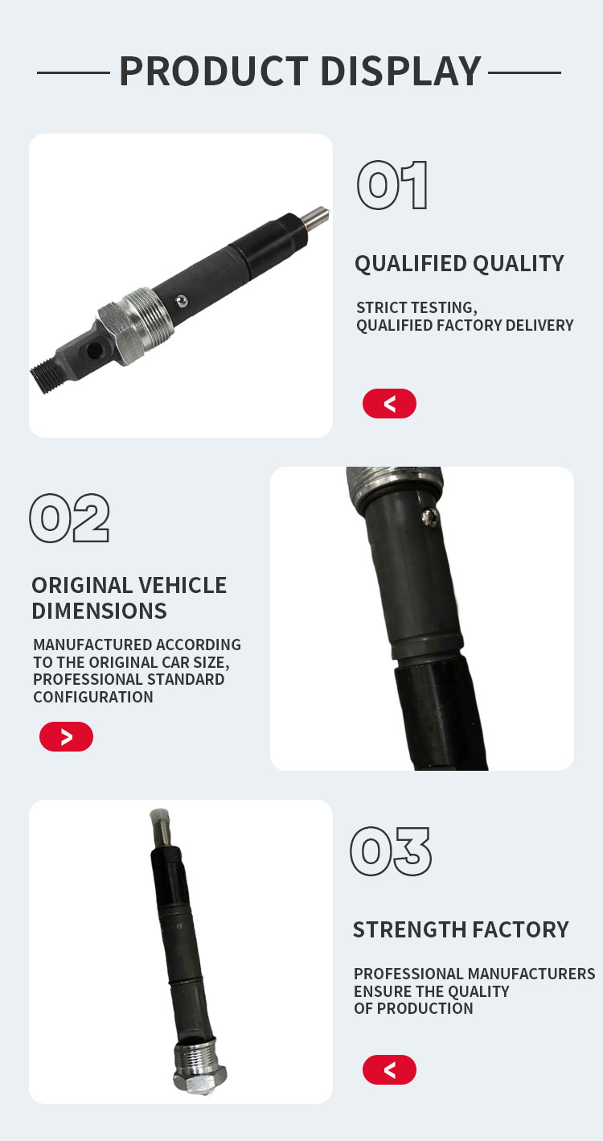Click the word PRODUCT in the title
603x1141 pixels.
tap(214, 71)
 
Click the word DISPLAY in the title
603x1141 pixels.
tap(401, 71)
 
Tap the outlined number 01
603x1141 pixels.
tap(392, 185)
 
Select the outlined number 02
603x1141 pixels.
tap(70, 518)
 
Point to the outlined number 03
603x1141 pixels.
tap(391, 851)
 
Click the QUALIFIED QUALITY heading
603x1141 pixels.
tap(459, 264)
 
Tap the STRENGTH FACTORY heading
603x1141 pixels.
tap(461, 929)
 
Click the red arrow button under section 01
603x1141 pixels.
tap(389, 404)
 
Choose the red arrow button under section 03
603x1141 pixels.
tap(389, 1069)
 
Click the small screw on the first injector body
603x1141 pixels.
tap(182, 302)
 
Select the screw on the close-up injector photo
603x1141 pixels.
tap(429, 518)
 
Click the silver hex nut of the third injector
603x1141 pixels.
tap(200, 1076)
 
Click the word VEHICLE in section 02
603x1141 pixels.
tap(183, 585)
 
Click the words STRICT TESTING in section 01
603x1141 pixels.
tap(416, 307)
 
